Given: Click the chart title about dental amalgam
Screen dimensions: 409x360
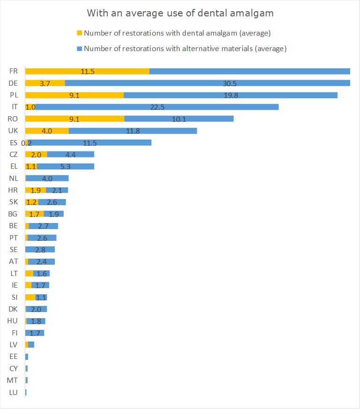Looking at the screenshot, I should pyautogui.click(x=180, y=13).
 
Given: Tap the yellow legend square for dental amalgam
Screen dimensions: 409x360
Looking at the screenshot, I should pyautogui.click(x=79, y=33).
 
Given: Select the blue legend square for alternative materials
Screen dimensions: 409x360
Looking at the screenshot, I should pyautogui.click(x=79, y=48).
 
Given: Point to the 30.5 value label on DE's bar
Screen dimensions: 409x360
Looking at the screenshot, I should pyautogui.click(x=229, y=83).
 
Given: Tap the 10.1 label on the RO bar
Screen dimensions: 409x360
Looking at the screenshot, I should pyautogui.click(x=179, y=119).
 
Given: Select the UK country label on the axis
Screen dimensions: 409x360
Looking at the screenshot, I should pyautogui.click(x=14, y=131).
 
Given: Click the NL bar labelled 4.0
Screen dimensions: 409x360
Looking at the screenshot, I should pyautogui.click(x=47, y=178).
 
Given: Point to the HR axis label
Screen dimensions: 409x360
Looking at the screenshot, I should pyautogui.click(x=14, y=190).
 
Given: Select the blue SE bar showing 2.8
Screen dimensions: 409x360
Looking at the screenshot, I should pyautogui.click(x=40, y=250).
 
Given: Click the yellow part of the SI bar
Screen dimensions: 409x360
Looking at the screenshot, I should pyautogui.click(x=30, y=297).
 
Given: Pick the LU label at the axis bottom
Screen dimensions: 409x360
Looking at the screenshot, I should pyautogui.click(x=14, y=392).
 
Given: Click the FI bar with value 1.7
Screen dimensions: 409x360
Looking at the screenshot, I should pyautogui.click(x=35, y=333).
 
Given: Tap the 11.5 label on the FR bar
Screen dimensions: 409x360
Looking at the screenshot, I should pyautogui.click(x=88, y=71).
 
